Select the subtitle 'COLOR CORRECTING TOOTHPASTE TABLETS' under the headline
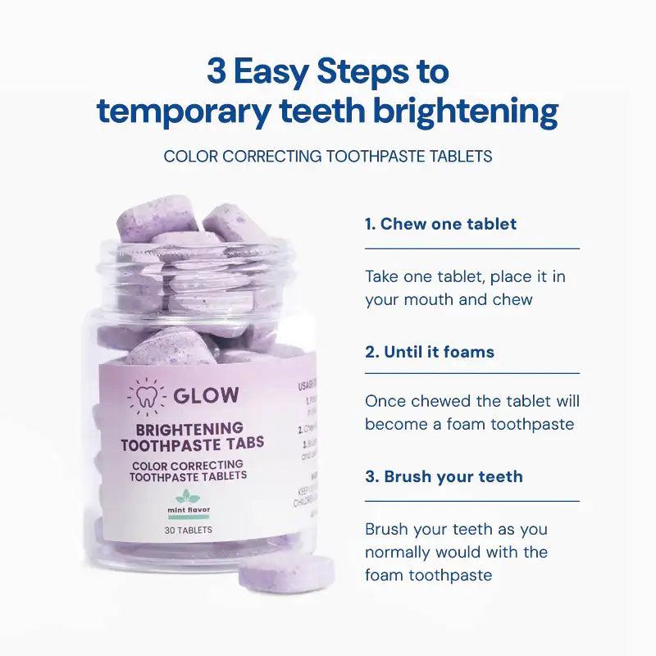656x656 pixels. [328, 156]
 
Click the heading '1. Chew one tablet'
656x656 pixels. [440, 224]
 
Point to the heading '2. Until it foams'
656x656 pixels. [430, 352]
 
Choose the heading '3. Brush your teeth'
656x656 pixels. [444, 476]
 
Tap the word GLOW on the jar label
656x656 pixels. [206, 395]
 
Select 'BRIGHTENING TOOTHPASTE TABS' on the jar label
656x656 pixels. [192, 436]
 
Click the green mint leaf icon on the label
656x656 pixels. [188, 497]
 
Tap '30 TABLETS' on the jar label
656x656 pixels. [188, 530]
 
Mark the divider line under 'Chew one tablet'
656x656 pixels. [472, 248]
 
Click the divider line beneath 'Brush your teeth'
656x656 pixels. [472, 501]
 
